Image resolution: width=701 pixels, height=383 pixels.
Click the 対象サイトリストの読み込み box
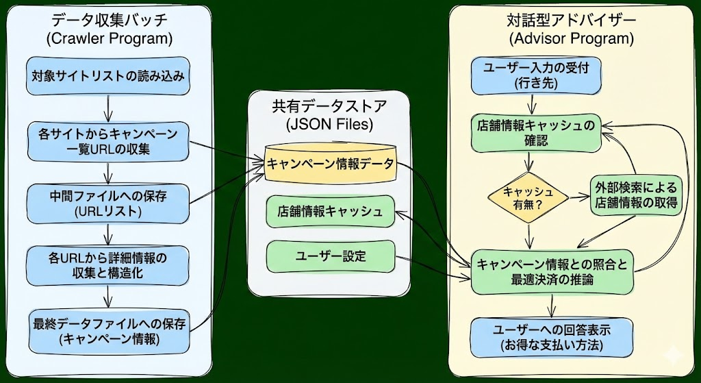108,76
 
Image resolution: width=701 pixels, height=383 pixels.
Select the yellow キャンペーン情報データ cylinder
330,164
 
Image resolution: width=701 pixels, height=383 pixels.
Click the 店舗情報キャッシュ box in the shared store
330,211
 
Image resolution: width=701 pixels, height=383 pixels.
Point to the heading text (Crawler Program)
109,38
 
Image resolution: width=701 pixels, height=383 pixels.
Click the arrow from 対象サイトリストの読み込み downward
108,106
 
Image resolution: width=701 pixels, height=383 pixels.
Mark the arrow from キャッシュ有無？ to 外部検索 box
579,195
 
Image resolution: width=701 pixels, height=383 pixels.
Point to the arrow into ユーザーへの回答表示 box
552,306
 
